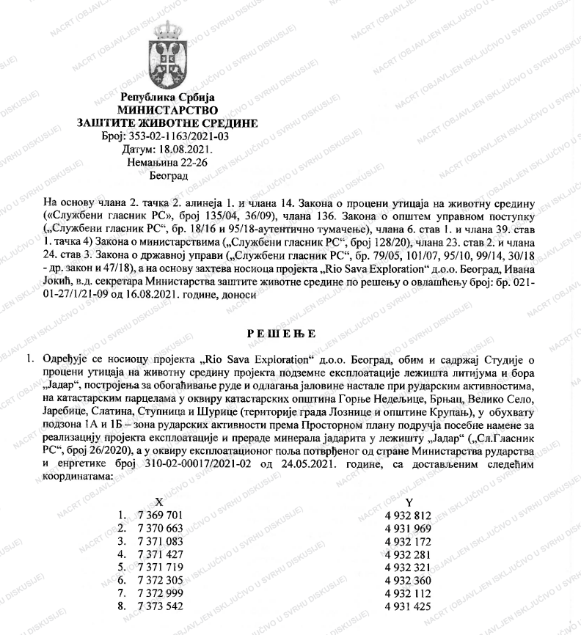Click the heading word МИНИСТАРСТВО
coord(168,109)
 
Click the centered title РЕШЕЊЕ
coord(291,335)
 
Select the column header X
coord(159,501)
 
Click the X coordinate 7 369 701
coord(156,515)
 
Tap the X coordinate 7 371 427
coord(156,554)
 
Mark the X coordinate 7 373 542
coord(156,606)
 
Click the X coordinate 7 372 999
coord(156,593)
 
